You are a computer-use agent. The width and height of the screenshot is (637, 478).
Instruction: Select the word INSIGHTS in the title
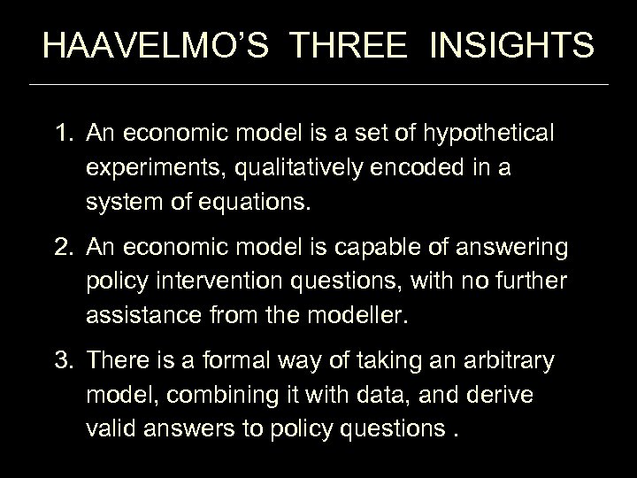pos(514,45)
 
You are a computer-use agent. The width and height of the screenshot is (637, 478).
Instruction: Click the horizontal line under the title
pos(318,84)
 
